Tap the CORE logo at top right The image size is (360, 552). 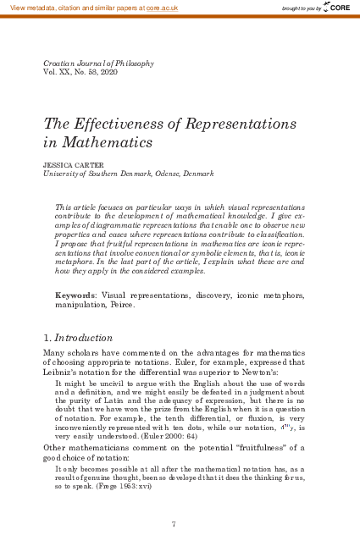(335, 7)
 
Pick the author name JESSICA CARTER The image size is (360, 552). (72, 164)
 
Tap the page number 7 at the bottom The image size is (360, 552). (173, 525)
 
